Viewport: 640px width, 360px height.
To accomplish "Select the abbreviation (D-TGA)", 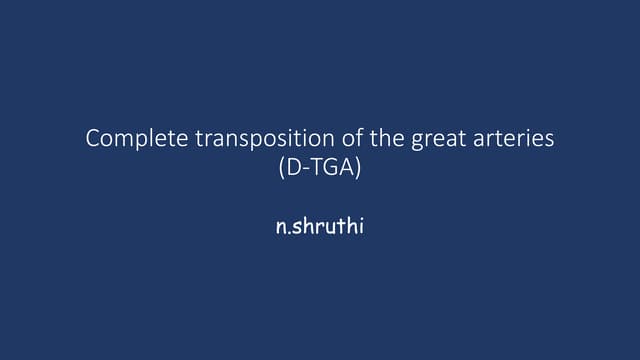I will [x=320, y=168].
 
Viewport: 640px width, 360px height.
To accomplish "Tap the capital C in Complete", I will [x=93, y=139].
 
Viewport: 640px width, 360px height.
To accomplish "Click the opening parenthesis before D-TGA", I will [x=282, y=168].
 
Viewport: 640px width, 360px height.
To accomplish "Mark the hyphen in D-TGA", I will [x=304, y=169].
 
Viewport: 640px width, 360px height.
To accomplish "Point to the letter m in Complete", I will [x=126, y=140].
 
